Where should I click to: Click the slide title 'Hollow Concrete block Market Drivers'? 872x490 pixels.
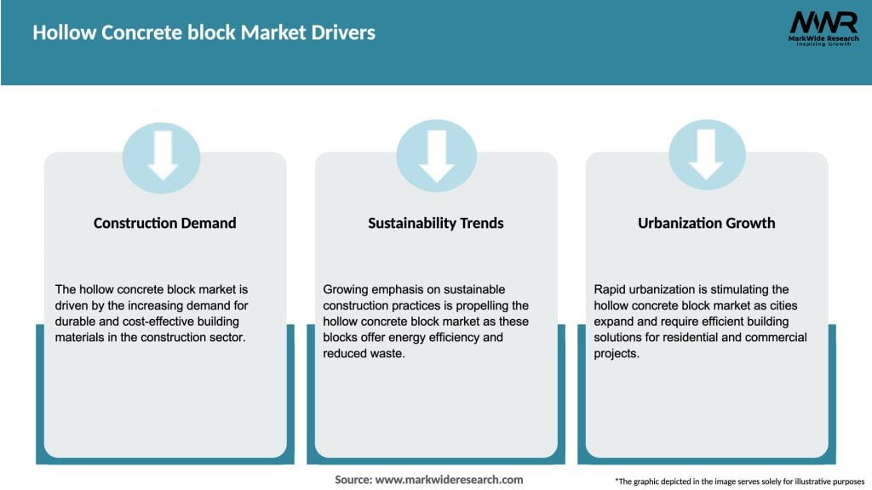pyautogui.click(x=204, y=33)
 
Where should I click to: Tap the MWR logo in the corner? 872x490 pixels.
pyautogui.click(x=823, y=22)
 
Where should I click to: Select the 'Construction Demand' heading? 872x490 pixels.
pyautogui.click(x=164, y=223)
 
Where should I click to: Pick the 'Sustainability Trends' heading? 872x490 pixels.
pyautogui.click(x=435, y=223)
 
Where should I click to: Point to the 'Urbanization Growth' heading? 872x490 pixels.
pyautogui.click(x=706, y=223)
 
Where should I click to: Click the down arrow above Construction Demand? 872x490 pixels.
pyautogui.click(x=162, y=155)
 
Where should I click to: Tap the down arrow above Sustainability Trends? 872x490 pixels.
pyautogui.click(x=436, y=155)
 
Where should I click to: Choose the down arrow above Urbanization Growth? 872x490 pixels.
pyautogui.click(x=706, y=155)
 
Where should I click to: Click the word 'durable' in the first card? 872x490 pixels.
pyautogui.click(x=77, y=322)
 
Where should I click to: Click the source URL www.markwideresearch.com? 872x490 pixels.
pyautogui.click(x=449, y=480)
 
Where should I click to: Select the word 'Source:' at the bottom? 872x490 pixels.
pyautogui.click(x=353, y=480)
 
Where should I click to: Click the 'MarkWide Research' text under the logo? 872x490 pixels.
pyautogui.click(x=822, y=38)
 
